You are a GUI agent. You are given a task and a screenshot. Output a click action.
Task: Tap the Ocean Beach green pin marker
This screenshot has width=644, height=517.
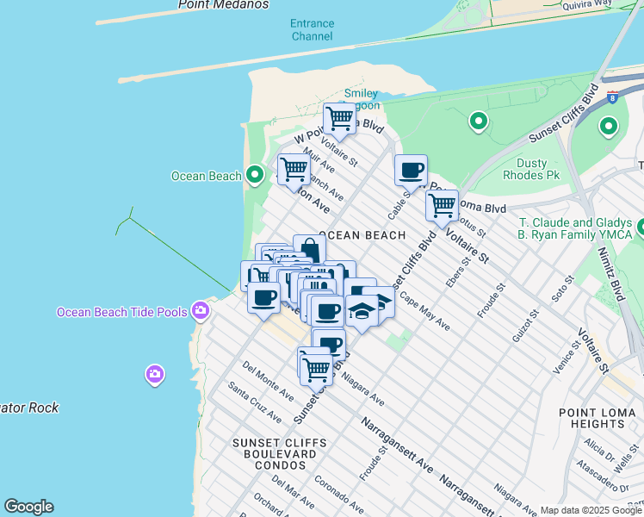[x=254, y=175]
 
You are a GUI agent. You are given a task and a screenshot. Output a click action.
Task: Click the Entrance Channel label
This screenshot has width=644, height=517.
[x=312, y=30]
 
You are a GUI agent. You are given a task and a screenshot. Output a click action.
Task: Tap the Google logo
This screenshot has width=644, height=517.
[x=28, y=507]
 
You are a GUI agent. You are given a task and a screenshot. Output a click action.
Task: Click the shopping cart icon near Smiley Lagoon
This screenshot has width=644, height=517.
[x=339, y=119]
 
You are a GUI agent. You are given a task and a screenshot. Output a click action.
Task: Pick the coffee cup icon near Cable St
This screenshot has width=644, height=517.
[x=411, y=170]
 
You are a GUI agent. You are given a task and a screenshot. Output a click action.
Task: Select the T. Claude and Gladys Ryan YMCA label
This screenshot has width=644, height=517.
[x=574, y=227]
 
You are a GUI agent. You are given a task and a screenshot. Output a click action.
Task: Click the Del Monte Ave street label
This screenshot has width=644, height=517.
[x=268, y=382]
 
